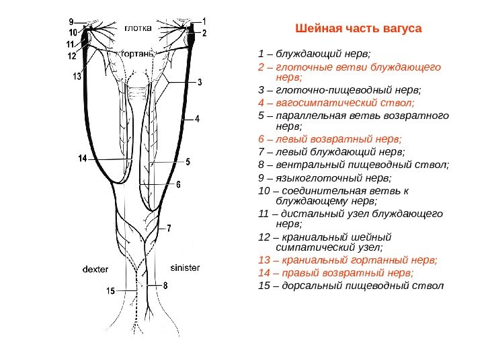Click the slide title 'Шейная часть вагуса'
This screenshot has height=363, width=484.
pyautogui.click(x=358, y=30)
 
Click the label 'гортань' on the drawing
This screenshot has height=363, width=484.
pyautogui.click(x=138, y=52)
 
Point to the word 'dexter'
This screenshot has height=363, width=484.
pyautogui.click(x=95, y=269)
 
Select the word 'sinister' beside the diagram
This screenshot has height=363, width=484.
pyautogui.click(x=185, y=267)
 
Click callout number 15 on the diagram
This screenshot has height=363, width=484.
pyautogui.click(x=111, y=291)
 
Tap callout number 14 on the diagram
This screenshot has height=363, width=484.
pyautogui.click(x=83, y=159)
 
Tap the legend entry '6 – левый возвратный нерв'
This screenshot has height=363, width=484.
pyautogui.click(x=329, y=139)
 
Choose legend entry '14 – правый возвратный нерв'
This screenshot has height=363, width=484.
pyautogui.click(x=335, y=273)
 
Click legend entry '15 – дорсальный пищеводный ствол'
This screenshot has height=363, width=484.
pyautogui.click(x=350, y=286)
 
